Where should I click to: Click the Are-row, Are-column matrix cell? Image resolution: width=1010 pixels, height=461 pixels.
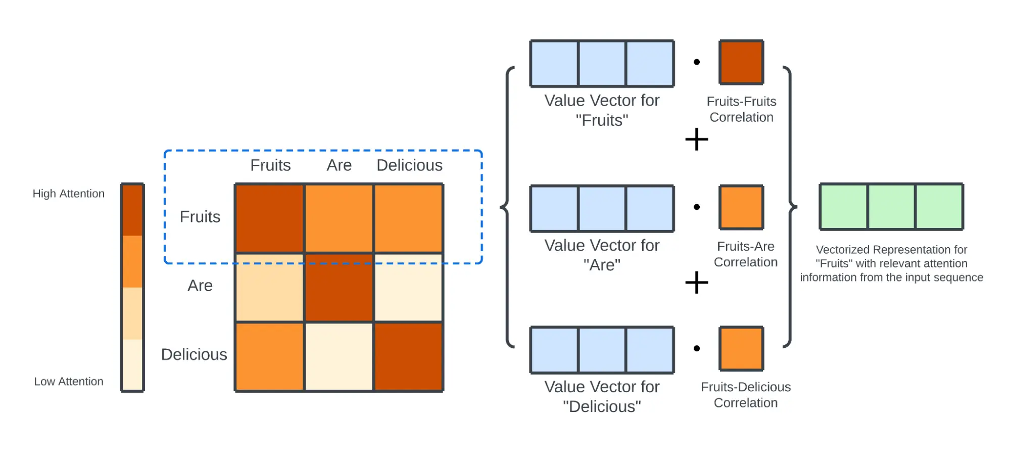pos(339,287)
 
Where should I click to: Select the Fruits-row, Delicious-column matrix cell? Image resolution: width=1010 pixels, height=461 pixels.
pos(408,218)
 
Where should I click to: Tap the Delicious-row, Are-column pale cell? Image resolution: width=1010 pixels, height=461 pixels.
pos(339,356)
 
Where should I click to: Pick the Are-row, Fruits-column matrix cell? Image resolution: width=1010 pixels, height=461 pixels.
pos(270,287)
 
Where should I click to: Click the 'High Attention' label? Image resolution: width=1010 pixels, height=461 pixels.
pos(68,194)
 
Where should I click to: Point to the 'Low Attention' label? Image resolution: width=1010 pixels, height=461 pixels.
pos(68,382)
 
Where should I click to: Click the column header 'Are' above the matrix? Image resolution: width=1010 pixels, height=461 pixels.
pos(339,165)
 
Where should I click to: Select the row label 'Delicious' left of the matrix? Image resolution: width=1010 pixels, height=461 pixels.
pos(194,354)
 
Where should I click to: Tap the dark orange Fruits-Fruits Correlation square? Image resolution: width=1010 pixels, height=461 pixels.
pos(741,62)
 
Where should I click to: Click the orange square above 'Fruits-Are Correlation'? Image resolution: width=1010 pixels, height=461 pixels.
pos(741,207)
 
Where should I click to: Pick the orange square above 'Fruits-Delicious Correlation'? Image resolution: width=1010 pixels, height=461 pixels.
pos(741,348)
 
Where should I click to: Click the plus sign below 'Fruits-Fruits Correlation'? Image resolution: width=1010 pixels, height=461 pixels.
pos(697,139)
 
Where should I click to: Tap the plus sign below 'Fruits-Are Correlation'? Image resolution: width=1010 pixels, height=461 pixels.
pos(697,282)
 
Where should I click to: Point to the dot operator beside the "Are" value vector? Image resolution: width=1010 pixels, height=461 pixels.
pos(697,207)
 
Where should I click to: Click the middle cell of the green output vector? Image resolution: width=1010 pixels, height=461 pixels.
pos(891,207)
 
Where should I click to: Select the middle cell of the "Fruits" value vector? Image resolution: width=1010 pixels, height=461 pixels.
pos(602,64)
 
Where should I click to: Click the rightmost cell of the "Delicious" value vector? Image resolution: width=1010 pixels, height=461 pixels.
pos(650,350)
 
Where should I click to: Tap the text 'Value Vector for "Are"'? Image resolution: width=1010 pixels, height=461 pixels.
pos(602,255)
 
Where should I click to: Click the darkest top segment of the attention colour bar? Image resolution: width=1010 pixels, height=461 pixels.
pos(132,210)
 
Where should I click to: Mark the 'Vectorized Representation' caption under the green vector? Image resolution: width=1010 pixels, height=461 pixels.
pos(891,263)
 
